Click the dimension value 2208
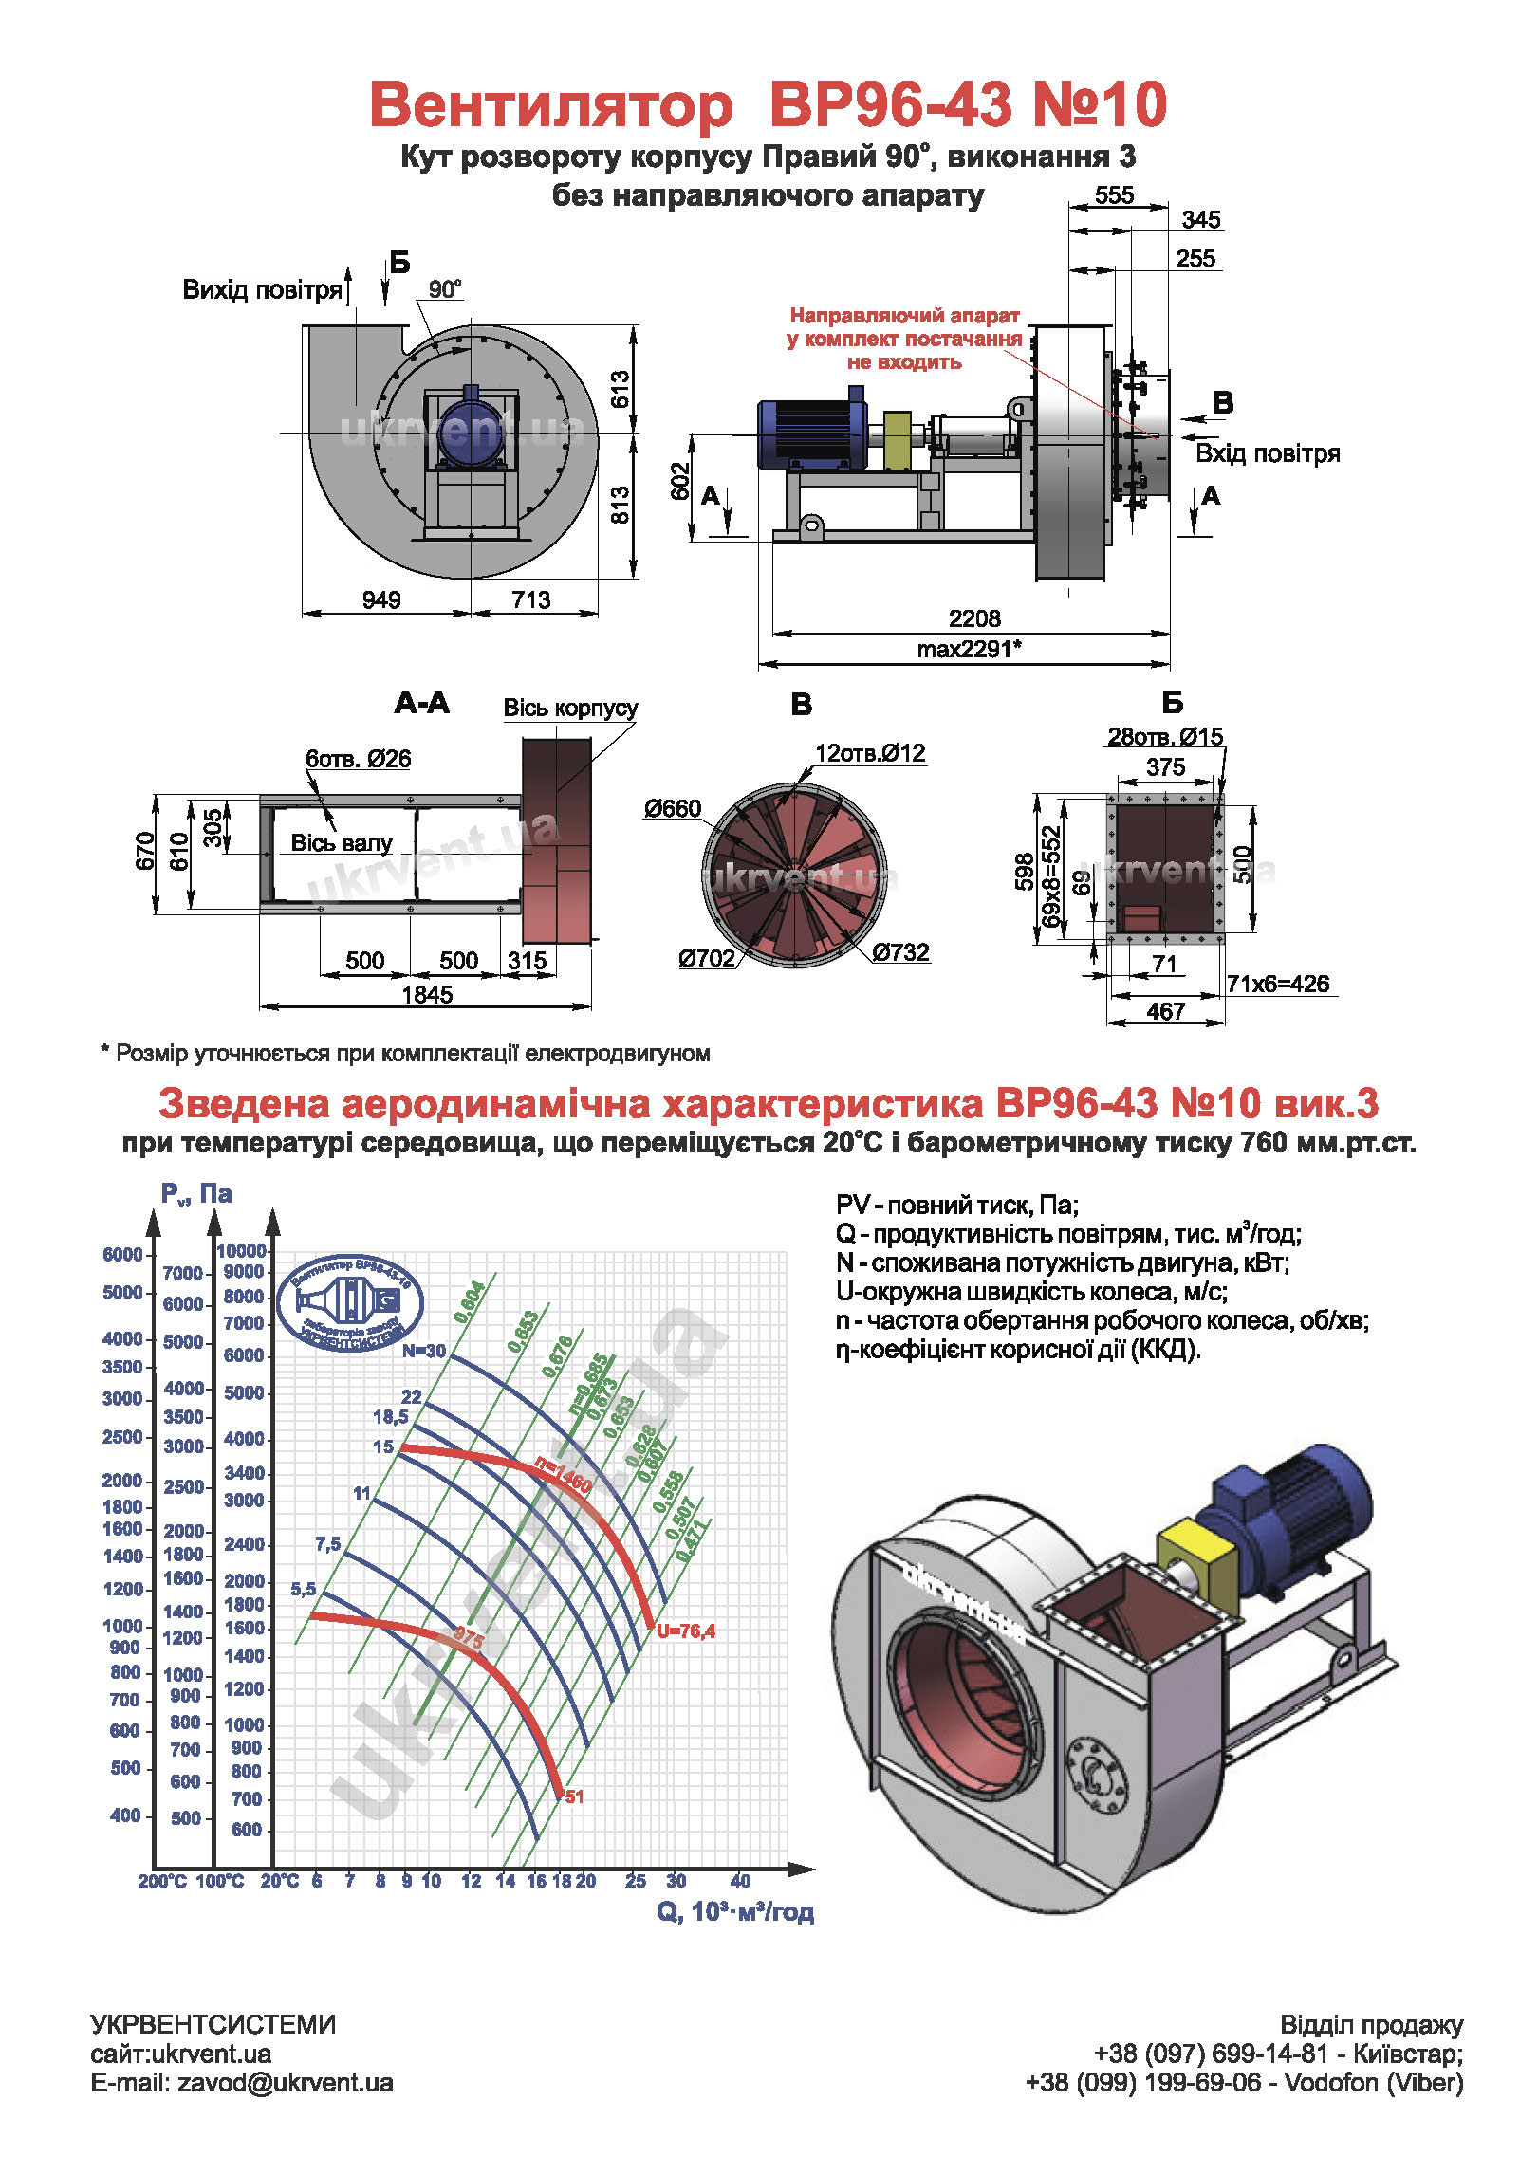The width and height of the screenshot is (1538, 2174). click(x=974, y=618)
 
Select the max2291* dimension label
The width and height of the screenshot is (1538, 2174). click(x=969, y=650)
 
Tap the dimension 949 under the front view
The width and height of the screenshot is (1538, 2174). click(x=381, y=599)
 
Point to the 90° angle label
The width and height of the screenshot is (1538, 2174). click(x=444, y=289)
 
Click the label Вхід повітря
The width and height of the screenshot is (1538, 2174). click(x=1267, y=453)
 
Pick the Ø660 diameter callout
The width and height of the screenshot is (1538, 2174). click(x=672, y=808)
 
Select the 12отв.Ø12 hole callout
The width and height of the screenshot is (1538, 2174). click(x=870, y=753)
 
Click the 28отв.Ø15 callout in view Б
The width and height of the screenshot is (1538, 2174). click(x=1165, y=736)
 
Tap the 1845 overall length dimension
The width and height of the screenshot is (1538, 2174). click(x=427, y=994)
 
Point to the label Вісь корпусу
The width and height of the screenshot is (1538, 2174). click(x=570, y=708)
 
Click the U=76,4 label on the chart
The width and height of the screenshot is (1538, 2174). click(x=686, y=1630)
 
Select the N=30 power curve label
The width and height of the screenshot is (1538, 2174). click(x=423, y=1351)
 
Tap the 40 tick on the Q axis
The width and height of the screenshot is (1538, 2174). click(x=740, y=1880)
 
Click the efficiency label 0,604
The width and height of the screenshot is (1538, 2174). click(x=469, y=1301)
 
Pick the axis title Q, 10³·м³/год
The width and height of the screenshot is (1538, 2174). click(x=735, y=1911)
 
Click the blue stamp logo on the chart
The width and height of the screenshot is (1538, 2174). click(x=349, y=1302)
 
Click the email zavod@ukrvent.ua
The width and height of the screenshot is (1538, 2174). click(x=242, y=2082)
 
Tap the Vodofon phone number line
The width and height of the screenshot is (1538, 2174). click(x=1244, y=2082)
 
